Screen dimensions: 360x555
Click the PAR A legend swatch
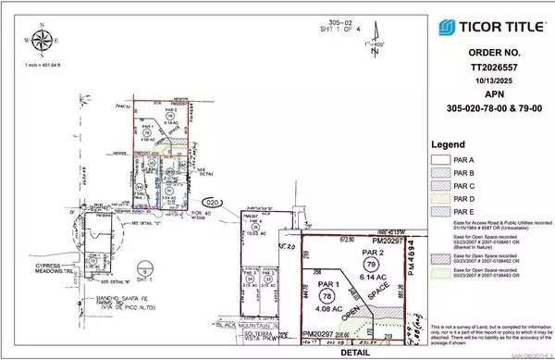pos(440,159)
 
